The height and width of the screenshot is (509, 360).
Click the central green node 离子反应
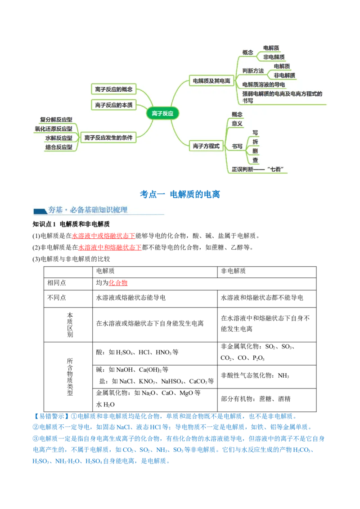pyautogui.click(x=163, y=114)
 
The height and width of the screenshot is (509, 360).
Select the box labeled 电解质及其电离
pyautogui.click(x=211, y=81)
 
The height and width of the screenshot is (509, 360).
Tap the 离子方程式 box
pyautogui.click(x=206, y=146)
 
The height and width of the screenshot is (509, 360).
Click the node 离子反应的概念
pyautogui.click(x=114, y=89)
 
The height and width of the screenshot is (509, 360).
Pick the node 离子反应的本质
pyautogui.click(x=114, y=105)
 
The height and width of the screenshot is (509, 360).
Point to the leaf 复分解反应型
pyautogui.click(x=56, y=120)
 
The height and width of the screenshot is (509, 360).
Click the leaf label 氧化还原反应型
pyautogui.click(x=54, y=129)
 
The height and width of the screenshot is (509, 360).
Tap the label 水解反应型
pyautogui.click(x=58, y=138)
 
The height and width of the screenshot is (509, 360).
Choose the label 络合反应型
pyautogui.click(x=58, y=147)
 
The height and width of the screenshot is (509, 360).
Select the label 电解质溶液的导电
pyautogui.click(x=263, y=85)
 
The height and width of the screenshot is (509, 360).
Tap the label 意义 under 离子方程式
pyautogui.click(x=237, y=123)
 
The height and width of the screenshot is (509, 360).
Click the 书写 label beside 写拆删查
pyautogui.click(x=237, y=146)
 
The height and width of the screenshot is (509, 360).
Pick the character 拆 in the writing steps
pyautogui.click(x=255, y=142)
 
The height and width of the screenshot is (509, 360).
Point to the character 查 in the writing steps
pyautogui.click(x=255, y=160)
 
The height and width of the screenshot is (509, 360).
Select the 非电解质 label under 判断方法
pyautogui.click(x=284, y=75)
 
